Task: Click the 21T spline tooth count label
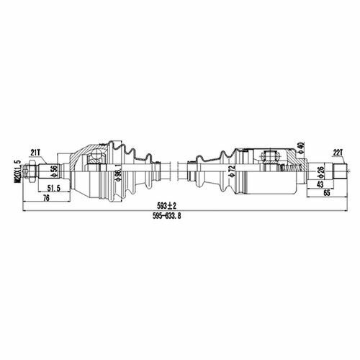[36, 153]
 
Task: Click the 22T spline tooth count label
[338, 153]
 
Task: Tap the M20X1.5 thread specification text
[18, 171]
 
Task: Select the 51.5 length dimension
[53, 188]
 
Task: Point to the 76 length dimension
[45, 198]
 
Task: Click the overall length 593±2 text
[166, 206]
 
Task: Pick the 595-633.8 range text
[166, 216]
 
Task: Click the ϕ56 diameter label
[54, 171]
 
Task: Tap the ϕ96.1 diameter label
[118, 172]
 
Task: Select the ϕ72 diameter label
[232, 171]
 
